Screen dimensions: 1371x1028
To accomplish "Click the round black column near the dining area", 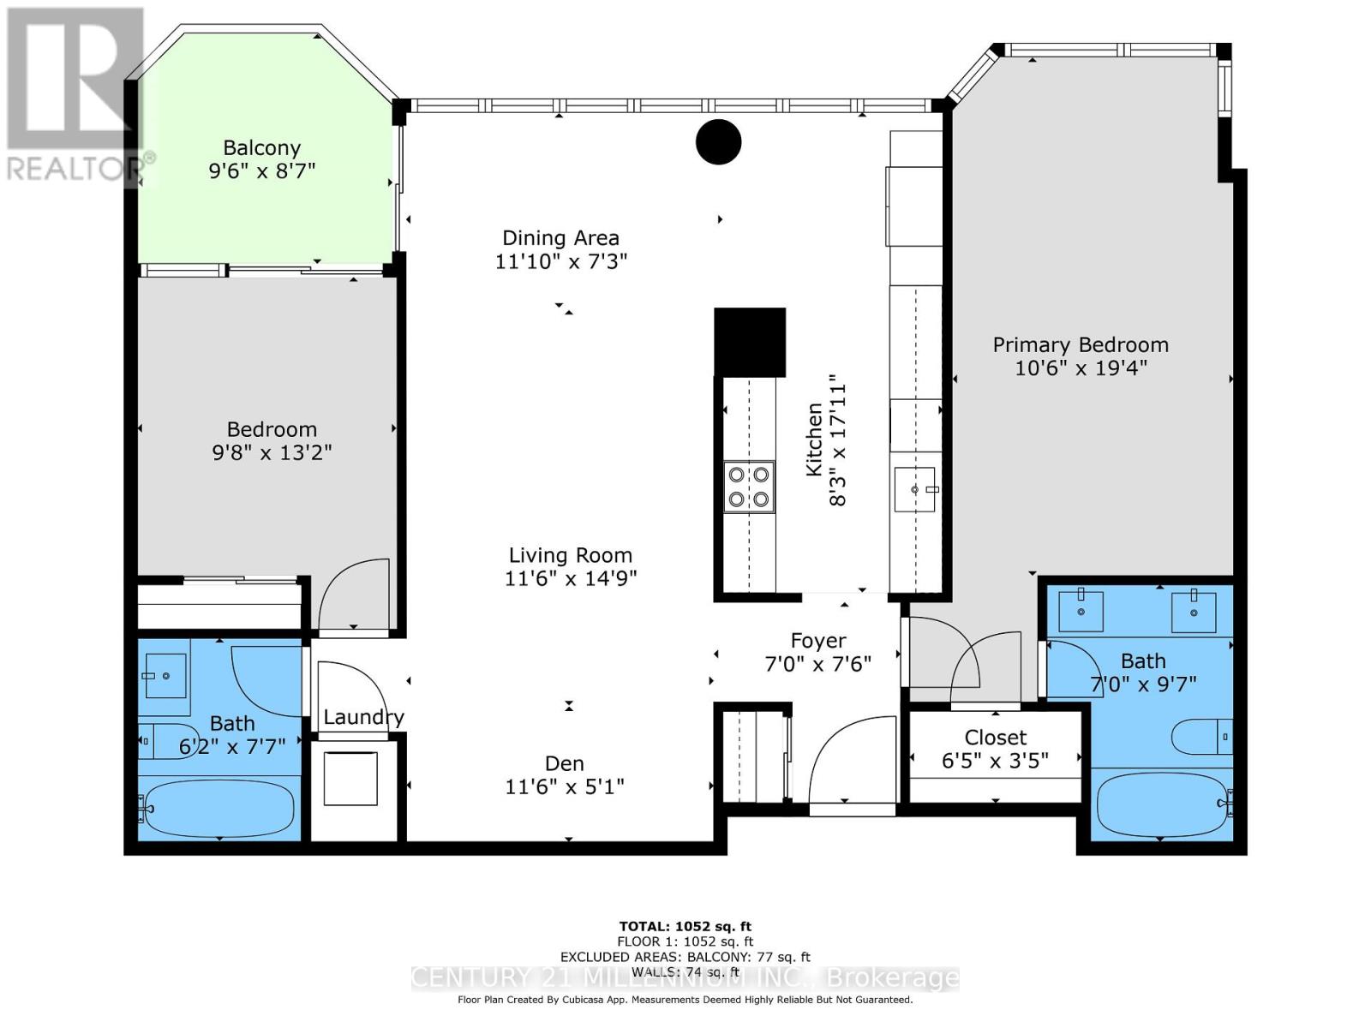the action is [718, 141].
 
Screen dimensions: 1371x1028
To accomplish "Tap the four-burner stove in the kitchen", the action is [749, 487].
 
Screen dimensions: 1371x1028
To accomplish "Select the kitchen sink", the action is [914, 489].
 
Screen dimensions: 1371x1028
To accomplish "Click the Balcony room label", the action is [261, 148].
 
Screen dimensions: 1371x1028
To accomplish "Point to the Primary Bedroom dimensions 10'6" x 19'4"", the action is [1081, 368].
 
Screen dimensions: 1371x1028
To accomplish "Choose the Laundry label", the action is [363, 717].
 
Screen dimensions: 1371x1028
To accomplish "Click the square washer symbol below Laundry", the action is [350, 779].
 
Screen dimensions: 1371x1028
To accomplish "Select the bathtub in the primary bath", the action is [1163, 804].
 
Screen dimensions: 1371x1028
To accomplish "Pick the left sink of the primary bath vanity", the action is [1081, 611].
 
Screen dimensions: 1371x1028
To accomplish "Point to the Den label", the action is [565, 763].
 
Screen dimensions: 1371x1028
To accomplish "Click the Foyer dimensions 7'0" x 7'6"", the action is [817, 663].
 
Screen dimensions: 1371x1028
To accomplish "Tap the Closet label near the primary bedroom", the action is [995, 737].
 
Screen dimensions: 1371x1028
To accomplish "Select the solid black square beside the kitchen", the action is [750, 342].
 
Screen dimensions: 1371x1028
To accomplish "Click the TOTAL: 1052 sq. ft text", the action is [685, 926].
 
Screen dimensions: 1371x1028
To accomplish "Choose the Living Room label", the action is [571, 555].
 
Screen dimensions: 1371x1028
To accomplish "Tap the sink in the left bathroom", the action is [165, 675].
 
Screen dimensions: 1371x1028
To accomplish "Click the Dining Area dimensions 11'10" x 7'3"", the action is [561, 261].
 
